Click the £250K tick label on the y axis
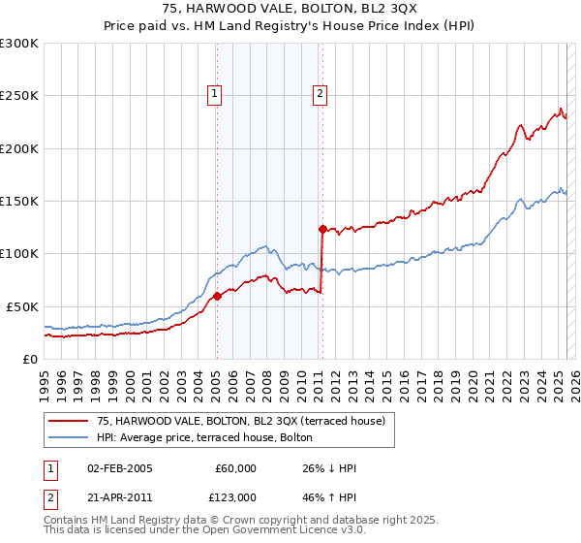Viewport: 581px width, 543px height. (x=19, y=96)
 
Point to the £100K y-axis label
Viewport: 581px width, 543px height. (x=19, y=253)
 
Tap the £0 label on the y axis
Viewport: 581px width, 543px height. (x=29, y=359)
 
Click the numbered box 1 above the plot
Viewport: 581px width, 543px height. (x=214, y=94)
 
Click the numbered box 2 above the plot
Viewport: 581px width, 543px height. (x=319, y=94)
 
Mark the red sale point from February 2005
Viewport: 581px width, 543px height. (x=217, y=296)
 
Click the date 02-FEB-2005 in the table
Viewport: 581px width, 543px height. (x=119, y=468)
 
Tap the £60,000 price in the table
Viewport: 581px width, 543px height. (x=235, y=468)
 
